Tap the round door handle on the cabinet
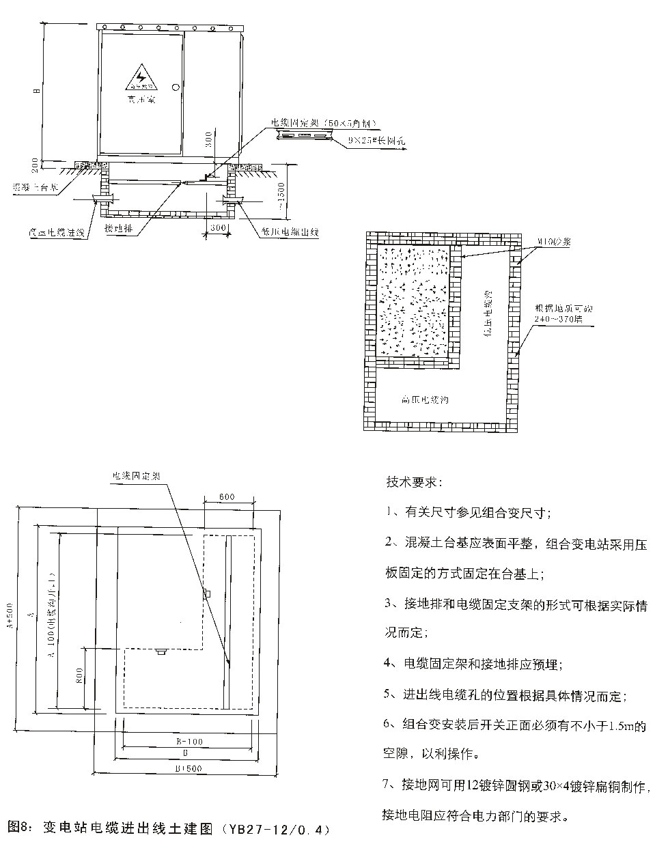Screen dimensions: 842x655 (176, 87)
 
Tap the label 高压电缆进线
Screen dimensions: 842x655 (61, 233)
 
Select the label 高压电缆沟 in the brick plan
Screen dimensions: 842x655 (425, 399)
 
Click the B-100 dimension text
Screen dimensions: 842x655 (189, 741)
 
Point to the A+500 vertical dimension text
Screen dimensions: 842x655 (10, 619)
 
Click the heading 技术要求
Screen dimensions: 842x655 (413, 483)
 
